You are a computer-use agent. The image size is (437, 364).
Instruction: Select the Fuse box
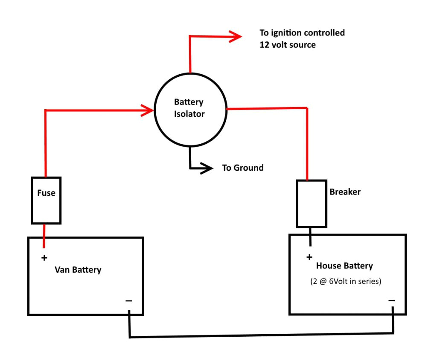tap(46, 201)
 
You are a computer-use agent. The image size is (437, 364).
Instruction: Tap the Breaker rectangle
tap(312, 204)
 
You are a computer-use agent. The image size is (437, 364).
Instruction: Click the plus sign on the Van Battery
tap(44, 258)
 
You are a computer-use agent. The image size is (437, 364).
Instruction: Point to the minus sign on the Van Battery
tap(129, 301)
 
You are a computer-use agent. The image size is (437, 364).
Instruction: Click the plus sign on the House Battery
tap(309, 257)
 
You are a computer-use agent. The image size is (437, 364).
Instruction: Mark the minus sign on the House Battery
tap(392, 300)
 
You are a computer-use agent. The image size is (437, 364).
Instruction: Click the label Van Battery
tap(78, 270)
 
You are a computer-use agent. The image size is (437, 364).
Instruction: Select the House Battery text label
tap(344, 266)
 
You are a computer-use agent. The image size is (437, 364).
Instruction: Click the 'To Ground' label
tap(242, 168)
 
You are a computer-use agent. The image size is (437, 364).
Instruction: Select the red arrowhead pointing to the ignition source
tap(236, 37)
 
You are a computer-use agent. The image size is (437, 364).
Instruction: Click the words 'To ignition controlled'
tap(302, 33)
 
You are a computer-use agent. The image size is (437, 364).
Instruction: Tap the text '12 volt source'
tap(288, 45)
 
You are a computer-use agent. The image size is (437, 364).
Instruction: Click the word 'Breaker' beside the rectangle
tap(345, 192)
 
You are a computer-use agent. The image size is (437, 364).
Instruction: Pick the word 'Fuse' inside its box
tap(46, 193)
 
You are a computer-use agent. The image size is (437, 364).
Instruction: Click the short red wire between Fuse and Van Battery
tap(44, 236)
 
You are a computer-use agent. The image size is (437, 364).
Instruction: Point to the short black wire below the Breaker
tap(310, 236)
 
